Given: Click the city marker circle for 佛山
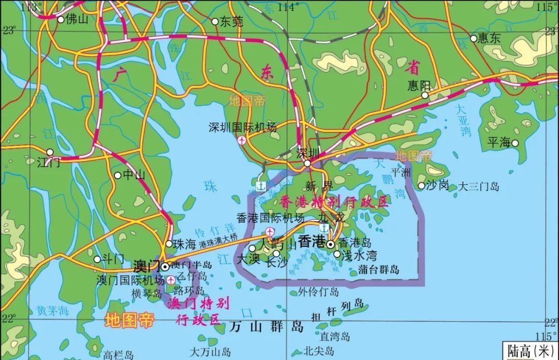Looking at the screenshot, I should coord(61,20).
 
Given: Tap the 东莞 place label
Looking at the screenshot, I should coord(231,22).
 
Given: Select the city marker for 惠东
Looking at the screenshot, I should coord(473,38).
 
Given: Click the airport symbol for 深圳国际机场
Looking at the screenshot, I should coord(242,140).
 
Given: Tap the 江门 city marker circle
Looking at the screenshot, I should coord(50,152).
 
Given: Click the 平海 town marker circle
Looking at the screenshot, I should coord(515,143).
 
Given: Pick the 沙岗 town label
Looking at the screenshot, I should coord(437,185).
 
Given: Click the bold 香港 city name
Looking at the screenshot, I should coord(312,242).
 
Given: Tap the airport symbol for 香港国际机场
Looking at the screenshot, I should coord(269,231).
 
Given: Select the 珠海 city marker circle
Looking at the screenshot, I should coord(169,243).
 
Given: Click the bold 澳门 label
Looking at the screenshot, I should coord(146,267).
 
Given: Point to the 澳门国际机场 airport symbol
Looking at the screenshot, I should coord(170,280).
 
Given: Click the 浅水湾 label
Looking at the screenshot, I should coord(359,255).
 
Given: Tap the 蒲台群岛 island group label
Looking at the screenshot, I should coord(379,269).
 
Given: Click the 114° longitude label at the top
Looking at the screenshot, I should coord(288,7).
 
